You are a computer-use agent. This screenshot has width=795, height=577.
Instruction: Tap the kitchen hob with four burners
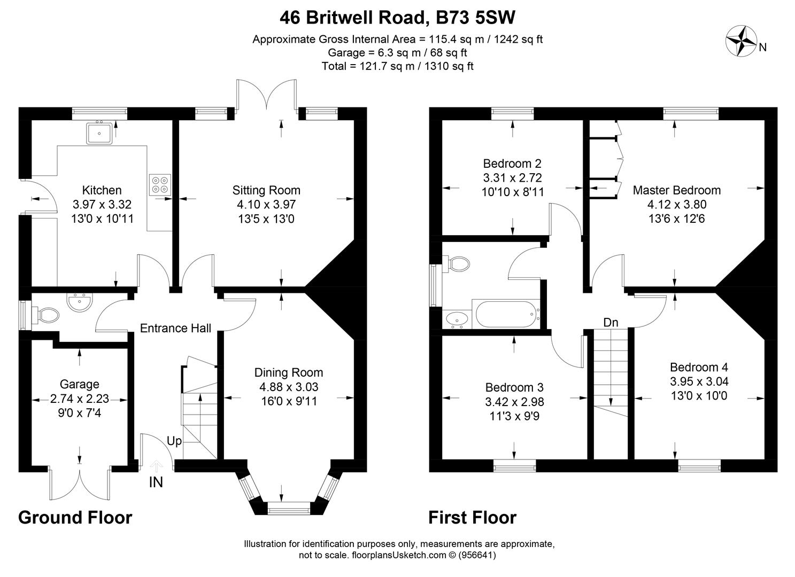pos(160,185)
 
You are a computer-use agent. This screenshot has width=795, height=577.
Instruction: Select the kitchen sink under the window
pos(99,133)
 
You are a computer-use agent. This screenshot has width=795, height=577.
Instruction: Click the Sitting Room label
pos(266,190)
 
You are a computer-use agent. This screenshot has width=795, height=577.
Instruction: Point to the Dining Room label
pos(289,372)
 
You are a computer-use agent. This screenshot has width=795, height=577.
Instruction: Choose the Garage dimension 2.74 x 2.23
pos(80,399)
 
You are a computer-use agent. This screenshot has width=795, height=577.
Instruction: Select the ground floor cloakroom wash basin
pos(80,303)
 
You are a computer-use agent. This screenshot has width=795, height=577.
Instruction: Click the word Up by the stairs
pos(174,441)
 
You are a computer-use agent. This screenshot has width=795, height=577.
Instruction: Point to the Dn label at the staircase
pos(611,322)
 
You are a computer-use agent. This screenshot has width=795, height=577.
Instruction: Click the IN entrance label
pos(156,482)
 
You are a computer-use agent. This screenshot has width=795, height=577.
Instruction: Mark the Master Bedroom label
pos(677,190)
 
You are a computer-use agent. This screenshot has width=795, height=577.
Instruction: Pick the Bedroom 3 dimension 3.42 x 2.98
pos(515,402)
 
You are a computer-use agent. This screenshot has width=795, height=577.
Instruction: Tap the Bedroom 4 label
pos(699,367)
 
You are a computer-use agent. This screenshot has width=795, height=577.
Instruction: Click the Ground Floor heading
pos(75,517)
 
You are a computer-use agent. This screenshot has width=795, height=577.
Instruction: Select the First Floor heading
pos(473,517)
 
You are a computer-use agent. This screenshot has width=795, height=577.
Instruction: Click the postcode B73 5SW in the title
pos(475,18)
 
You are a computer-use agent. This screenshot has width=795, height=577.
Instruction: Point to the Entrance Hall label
pos(176,328)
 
